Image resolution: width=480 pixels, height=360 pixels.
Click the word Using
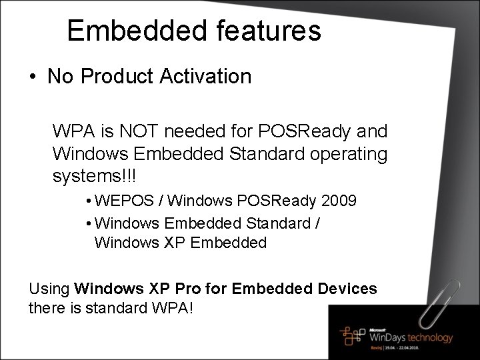click(x=50, y=289)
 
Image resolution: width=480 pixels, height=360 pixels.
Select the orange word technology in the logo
click(x=425, y=337)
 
